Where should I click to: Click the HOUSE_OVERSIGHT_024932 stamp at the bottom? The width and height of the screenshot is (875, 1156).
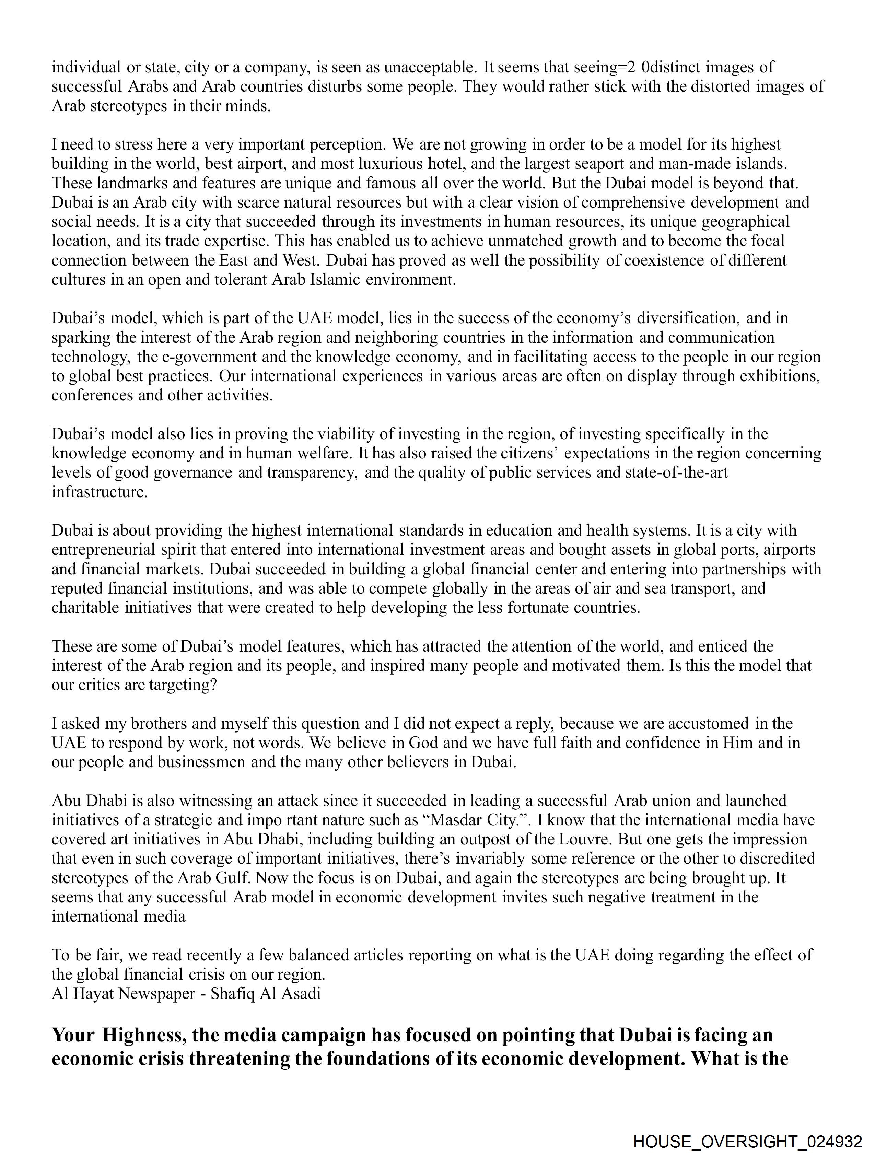(747, 1141)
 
